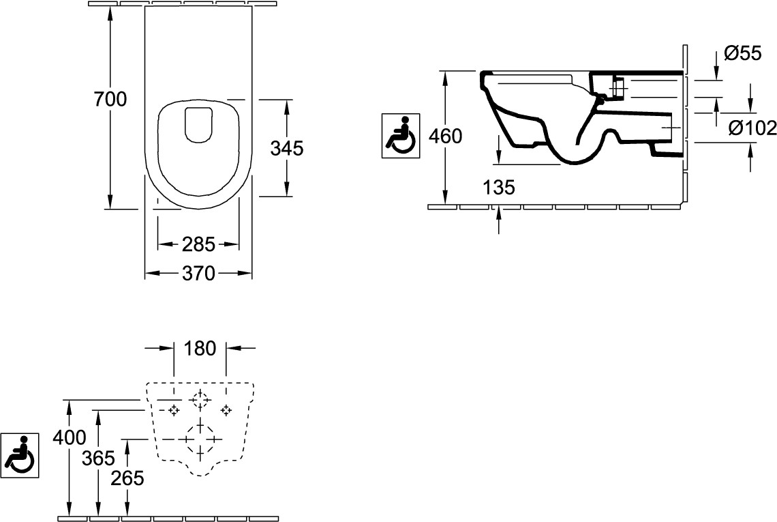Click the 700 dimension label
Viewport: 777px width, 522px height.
tap(110, 100)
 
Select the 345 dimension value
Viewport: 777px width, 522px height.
tap(287, 148)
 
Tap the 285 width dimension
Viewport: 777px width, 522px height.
tap(198, 244)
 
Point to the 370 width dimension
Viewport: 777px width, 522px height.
tap(198, 274)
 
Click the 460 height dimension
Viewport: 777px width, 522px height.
tap(446, 136)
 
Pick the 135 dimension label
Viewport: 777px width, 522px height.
tap(499, 188)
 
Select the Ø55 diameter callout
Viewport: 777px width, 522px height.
tap(742, 53)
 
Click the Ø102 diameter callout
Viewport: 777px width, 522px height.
tap(752, 128)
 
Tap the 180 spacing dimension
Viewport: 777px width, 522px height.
tap(200, 349)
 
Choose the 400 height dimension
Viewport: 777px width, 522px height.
tap(70, 437)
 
